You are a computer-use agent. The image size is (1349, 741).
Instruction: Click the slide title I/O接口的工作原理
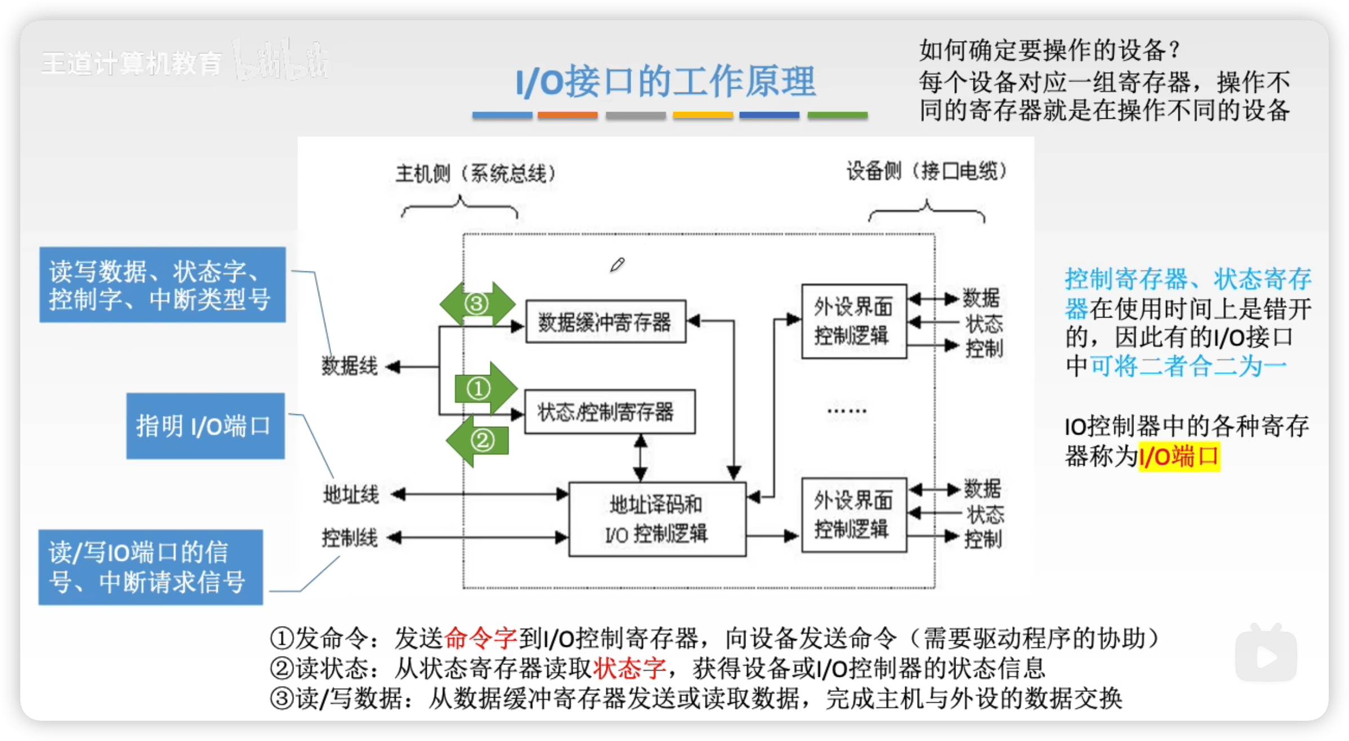(x=665, y=82)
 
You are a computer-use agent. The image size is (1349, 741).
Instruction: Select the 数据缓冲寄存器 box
(x=605, y=322)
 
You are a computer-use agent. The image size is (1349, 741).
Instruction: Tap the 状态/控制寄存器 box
(x=609, y=412)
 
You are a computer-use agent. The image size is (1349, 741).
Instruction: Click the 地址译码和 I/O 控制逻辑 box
(x=657, y=519)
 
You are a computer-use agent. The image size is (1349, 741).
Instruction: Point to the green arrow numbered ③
(x=477, y=304)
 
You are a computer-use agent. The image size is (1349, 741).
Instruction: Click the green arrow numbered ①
(x=484, y=389)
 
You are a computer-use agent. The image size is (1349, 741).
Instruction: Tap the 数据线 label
(x=350, y=367)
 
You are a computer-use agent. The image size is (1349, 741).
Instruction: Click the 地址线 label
(x=351, y=495)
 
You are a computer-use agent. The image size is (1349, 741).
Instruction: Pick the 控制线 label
(x=350, y=538)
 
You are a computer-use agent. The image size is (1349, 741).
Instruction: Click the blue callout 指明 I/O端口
(x=205, y=426)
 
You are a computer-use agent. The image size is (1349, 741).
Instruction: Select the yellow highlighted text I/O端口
(x=1179, y=456)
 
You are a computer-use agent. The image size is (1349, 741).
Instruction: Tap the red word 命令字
(x=480, y=639)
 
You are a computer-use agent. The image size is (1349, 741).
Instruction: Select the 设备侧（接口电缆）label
(x=927, y=171)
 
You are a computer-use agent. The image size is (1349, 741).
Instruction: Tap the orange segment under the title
(x=567, y=115)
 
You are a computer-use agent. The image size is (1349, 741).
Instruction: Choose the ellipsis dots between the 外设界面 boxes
(x=847, y=411)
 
